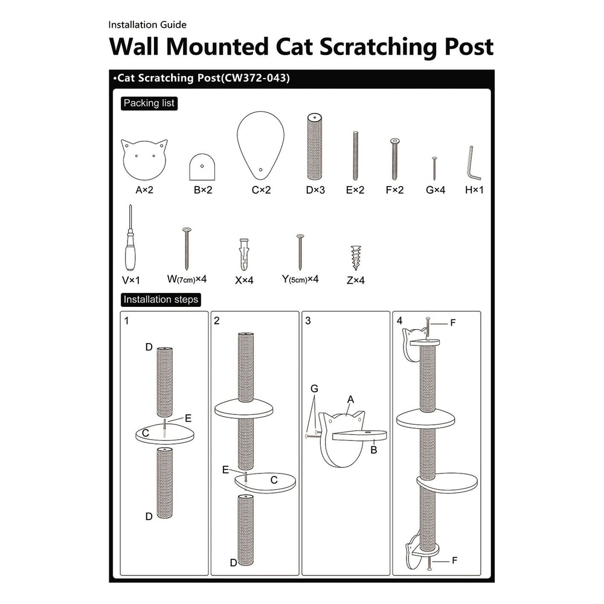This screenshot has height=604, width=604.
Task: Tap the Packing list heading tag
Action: coord(149,103)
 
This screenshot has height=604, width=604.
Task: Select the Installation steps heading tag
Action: coord(160,300)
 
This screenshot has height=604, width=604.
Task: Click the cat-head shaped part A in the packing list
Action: coord(144,159)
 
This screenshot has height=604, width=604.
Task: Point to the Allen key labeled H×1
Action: coord(474,162)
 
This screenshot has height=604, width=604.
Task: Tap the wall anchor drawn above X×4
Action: coord(243,254)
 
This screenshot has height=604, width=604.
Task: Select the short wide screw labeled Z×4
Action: coord(355,257)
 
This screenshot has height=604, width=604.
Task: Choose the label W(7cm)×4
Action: coord(187,280)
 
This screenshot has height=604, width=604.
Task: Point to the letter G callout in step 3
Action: coord(315,389)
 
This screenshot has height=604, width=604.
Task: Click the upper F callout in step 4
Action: coord(453,323)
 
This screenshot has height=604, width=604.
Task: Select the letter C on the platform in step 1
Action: coord(146,433)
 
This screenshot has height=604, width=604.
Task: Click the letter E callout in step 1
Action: coord(188,417)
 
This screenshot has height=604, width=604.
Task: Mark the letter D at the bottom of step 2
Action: coord(233,563)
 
